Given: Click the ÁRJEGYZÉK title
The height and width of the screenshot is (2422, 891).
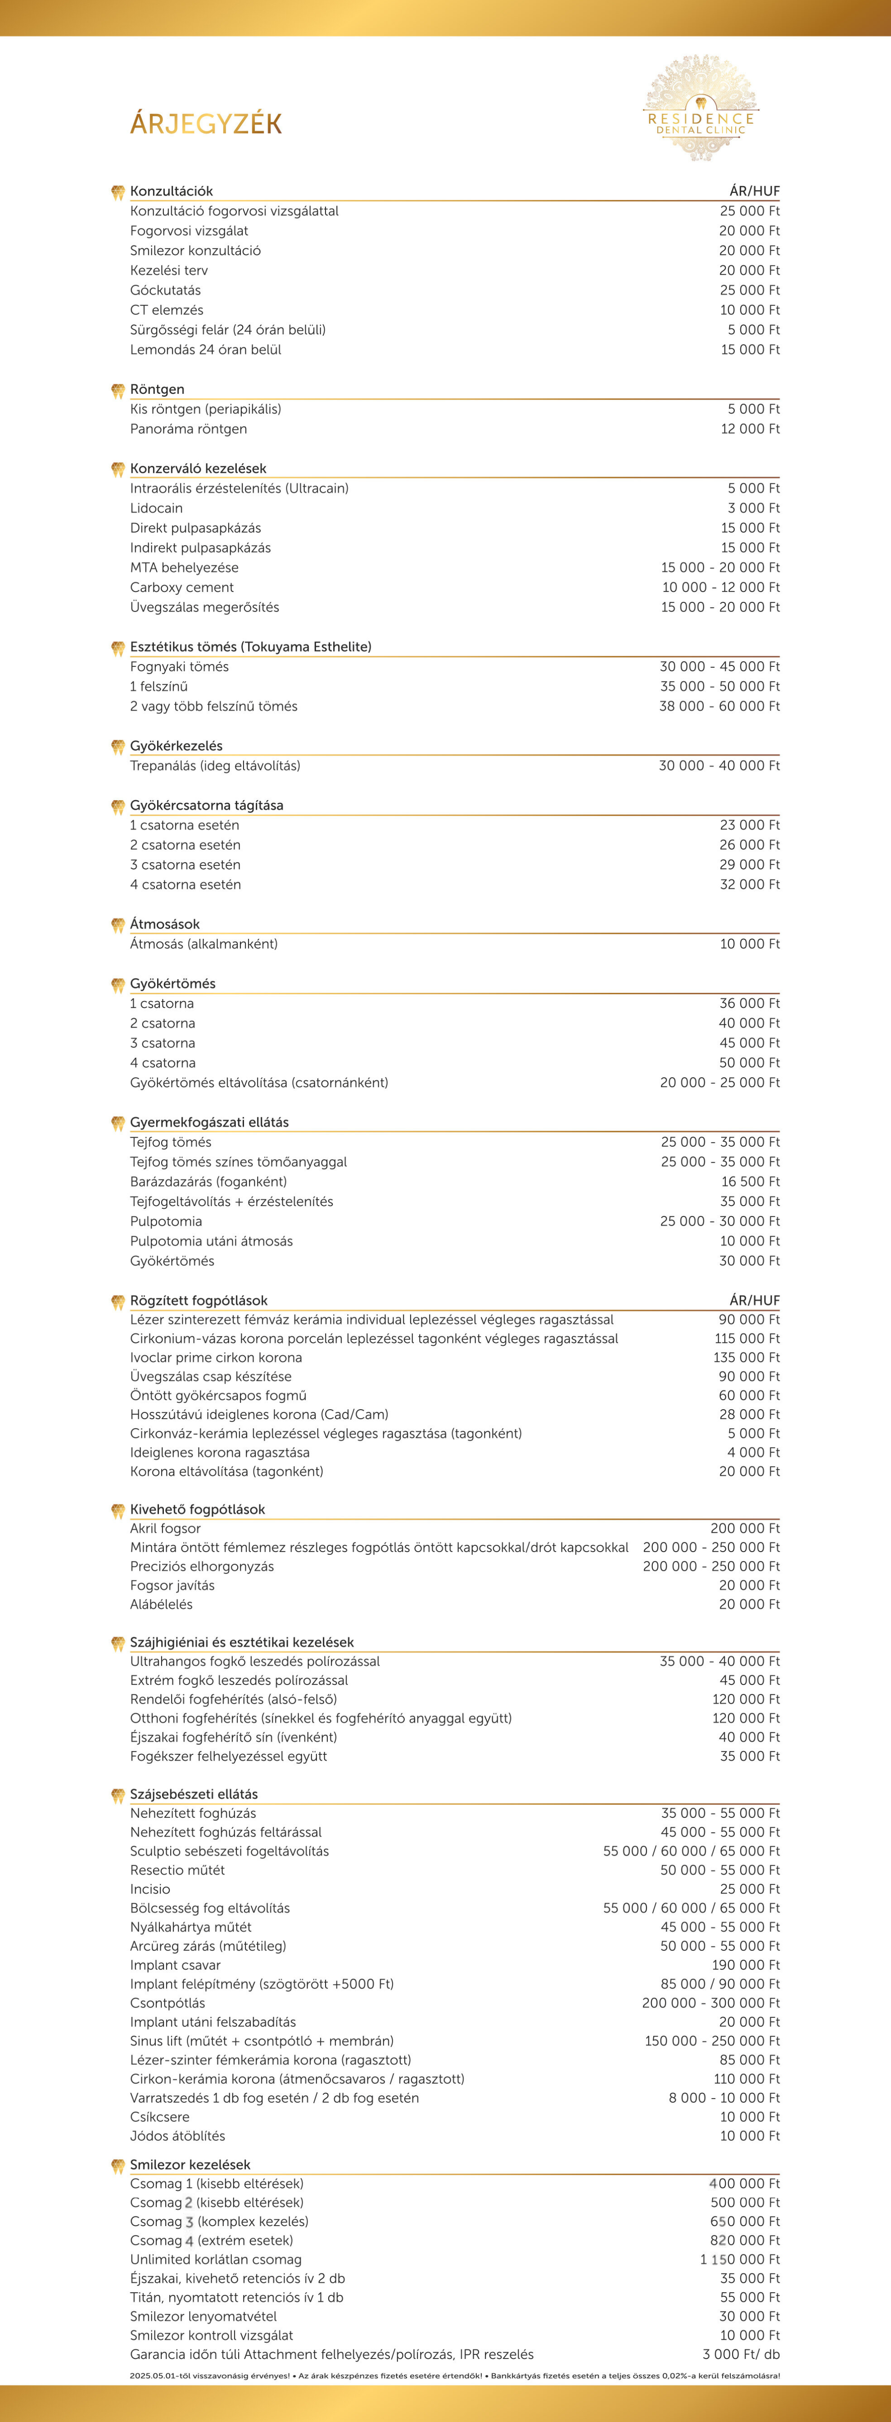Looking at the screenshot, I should click(x=206, y=123).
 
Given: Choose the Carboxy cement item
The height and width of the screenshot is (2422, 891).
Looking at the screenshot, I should click(x=181, y=587).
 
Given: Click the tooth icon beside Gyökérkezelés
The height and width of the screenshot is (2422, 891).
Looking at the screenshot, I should click(x=118, y=747).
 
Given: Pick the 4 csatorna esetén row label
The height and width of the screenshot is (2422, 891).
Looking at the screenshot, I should click(x=185, y=885).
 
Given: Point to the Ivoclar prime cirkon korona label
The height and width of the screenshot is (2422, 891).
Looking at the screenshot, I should click(x=216, y=1358).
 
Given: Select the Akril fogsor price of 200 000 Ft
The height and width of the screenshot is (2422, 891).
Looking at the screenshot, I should click(x=744, y=1529).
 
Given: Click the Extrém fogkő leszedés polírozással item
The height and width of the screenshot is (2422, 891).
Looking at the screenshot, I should click(x=239, y=1680).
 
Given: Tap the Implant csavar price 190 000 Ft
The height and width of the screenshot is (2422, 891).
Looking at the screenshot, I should click(x=745, y=1965).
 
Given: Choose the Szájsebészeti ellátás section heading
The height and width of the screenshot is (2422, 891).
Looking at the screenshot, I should click(x=194, y=1794).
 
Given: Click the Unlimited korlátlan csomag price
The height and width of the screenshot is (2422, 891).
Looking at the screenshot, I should click(x=740, y=2259).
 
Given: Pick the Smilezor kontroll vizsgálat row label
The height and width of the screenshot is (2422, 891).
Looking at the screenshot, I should click(x=212, y=2335).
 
